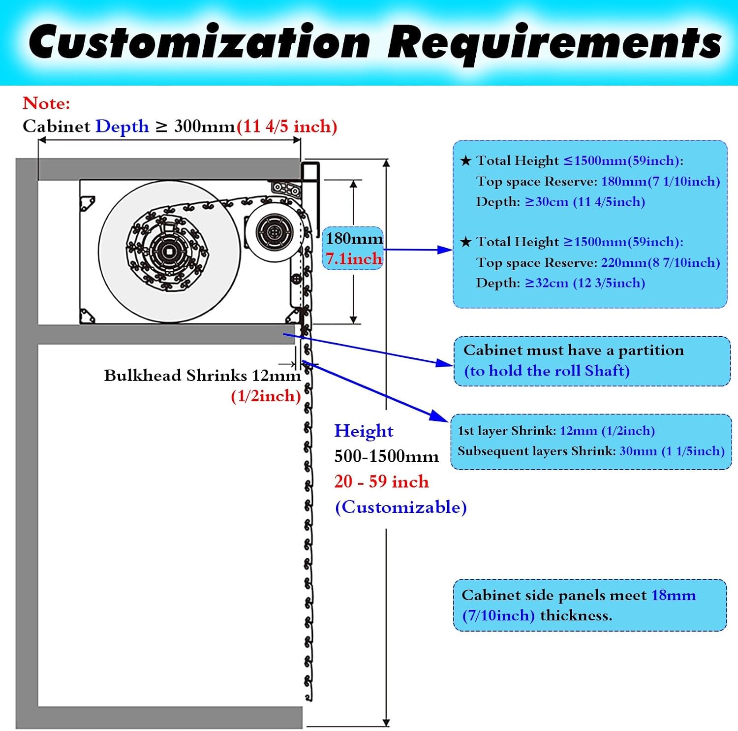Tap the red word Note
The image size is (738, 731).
[46, 103]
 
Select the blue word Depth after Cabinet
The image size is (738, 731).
[122, 127]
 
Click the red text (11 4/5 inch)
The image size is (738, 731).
[287, 127]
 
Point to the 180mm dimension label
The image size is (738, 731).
[354, 239]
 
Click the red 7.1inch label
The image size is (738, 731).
[354, 258]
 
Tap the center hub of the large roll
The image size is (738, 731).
[169, 251]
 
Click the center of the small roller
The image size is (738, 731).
[271, 231]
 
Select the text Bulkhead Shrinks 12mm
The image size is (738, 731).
[202, 376]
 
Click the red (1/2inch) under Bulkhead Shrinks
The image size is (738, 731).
[266, 396]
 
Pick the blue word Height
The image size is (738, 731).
[364, 431]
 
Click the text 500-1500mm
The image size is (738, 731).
[386, 456]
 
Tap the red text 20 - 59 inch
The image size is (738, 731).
[381, 481]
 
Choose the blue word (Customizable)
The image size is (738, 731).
[400, 507]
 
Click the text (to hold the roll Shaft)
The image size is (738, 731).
[547, 371]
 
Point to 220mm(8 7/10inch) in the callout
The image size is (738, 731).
[660, 263]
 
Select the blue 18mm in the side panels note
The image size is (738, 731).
[674, 595]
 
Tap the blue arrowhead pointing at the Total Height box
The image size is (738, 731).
[445, 250]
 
